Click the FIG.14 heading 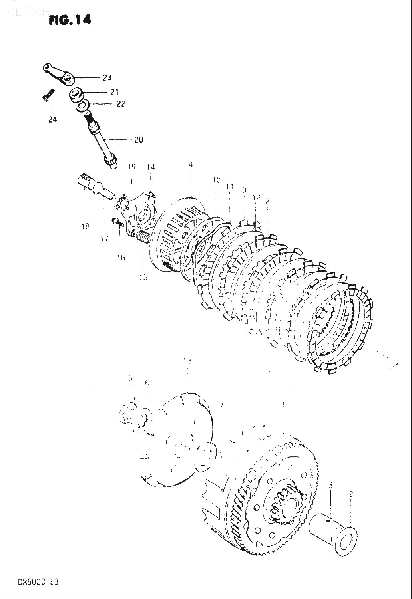(x=69, y=20)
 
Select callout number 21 (x=115, y=92)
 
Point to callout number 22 (x=121, y=104)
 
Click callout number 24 (x=53, y=119)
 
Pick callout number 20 (x=139, y=140)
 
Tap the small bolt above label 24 (x=47, y=95)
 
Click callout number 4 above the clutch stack (x=191, y=165)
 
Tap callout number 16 (x=121, y=258)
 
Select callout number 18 (x=85, y=226)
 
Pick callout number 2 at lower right (x=351, y=494)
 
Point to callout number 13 (x=187, y=361)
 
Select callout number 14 (x=151, y=167)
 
